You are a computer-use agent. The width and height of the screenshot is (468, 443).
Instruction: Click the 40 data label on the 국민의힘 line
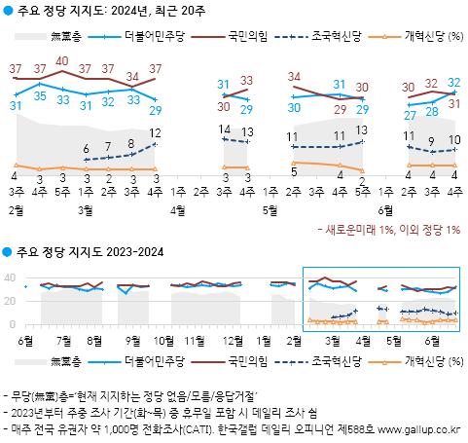coord(62,60)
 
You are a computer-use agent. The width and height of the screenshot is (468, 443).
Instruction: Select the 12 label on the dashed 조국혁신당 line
coord(156,132)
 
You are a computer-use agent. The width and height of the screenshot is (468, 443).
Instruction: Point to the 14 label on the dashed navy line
coord(224,129)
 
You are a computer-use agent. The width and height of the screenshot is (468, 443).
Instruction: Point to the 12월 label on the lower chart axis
coord(233,340)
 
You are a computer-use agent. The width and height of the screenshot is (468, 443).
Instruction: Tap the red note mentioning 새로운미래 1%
coord(389,229)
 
